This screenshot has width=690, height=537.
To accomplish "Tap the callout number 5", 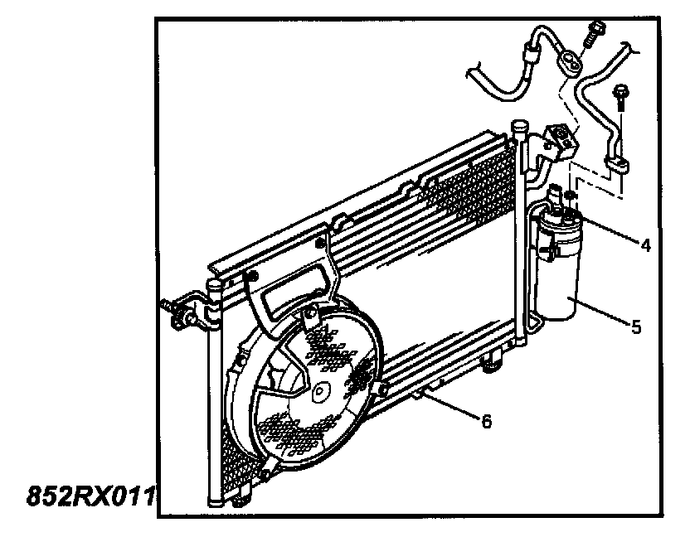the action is pyautogui.click(x=636, y=327).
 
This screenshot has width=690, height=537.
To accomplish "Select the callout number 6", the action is pyautogui.click(x=487, y=422).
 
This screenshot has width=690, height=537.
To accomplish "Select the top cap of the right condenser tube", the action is pyautogui.click(x=519, y=127).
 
